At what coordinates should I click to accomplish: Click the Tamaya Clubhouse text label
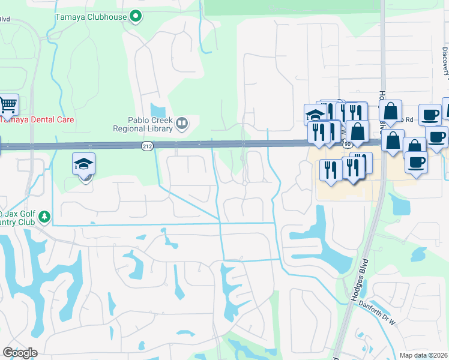tap(99, 17)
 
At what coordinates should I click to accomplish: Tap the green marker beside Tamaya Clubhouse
tap(136, 17)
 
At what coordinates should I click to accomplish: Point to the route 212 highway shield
tap(147, 146)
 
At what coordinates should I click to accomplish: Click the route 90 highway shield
tap(348, 145)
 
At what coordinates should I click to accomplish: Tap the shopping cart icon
tap(8, 106)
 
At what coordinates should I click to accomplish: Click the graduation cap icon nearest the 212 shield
tap(84, 164)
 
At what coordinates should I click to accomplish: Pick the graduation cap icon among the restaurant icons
tap(315, 115)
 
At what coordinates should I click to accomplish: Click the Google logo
tap(20, 353)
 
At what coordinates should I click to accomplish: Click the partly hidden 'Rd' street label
tap(409, 119)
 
